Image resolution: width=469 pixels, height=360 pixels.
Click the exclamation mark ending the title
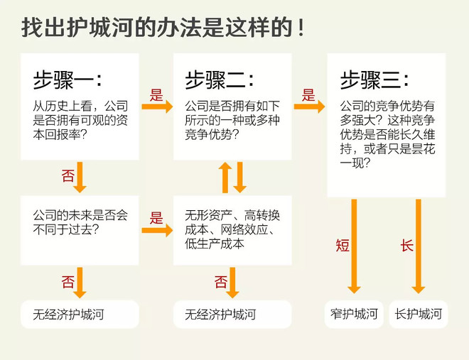coord(301,28)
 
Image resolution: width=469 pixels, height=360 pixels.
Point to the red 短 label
coord(343,246)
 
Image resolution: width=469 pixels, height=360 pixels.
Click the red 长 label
coord(407,246)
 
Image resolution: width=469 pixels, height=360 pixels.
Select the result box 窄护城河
coord(354,315)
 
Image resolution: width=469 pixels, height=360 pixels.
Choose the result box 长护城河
coord(419,315)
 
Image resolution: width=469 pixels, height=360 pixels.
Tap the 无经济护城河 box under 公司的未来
coord(80,315)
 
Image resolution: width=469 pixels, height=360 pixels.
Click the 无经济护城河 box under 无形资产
coord(232,315)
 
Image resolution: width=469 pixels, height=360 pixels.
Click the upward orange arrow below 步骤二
coord(225,178)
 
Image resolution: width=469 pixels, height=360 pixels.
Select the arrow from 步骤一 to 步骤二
coord(157,107)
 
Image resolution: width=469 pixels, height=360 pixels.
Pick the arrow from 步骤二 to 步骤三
coord(309,107)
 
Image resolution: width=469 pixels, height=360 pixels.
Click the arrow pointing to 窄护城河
coord(354,246)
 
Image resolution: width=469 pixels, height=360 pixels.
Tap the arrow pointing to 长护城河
coord(419,246)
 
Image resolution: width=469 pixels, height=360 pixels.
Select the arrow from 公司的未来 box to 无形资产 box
coord(157,230)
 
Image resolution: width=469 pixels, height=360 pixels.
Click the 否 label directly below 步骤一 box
coord(68,175)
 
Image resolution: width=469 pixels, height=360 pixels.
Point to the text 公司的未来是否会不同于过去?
coord(80,222)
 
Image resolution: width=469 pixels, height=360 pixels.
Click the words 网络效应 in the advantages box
coord(244,229)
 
